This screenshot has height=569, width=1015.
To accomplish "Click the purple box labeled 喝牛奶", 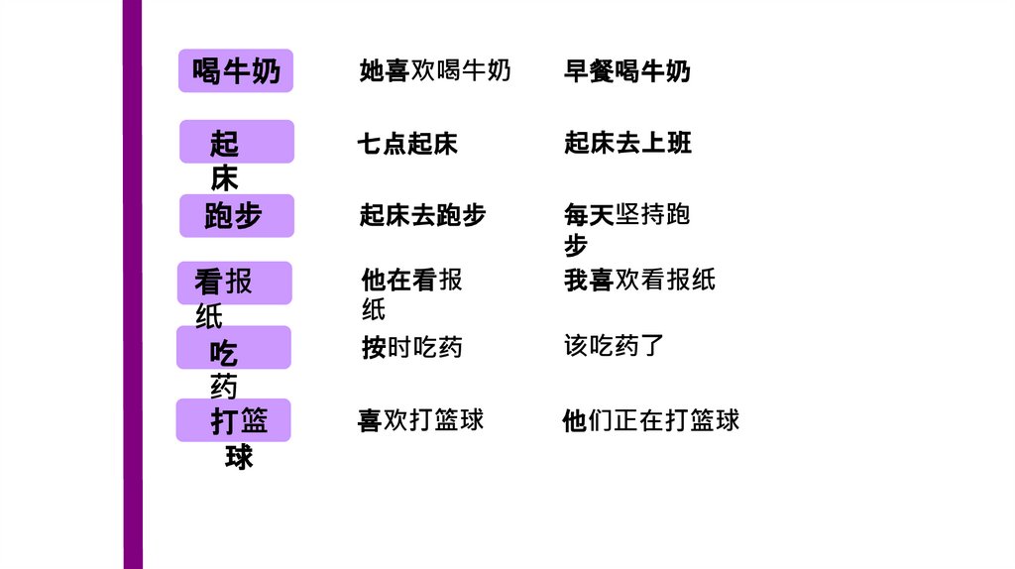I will [x=236, y=70].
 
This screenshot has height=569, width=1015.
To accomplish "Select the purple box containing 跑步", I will [x=236, y=215].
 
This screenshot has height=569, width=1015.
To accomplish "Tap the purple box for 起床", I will [x=236, y=142].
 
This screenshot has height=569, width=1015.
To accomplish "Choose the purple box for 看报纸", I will [x=235, y=283].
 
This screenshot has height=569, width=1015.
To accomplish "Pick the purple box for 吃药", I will [x=234, y=348].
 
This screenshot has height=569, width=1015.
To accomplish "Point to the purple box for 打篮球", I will [x=234, y=420].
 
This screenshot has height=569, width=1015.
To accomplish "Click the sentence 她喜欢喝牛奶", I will [x=435, y=70].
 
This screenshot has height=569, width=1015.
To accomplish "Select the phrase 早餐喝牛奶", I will [x=626, y=71].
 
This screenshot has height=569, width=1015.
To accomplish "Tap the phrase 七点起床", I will [x=407, y=144].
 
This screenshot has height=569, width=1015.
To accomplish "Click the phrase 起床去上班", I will [x=627, y=143].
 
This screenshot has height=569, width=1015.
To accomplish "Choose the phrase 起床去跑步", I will [x=422, y=215].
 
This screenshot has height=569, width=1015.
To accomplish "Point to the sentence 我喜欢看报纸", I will [x=639, y=281].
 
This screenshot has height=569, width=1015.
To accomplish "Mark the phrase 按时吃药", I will [x=411, y=348].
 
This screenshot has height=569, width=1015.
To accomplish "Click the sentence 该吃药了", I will [x=614, y=346].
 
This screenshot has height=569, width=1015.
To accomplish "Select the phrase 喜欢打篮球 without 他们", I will [x=420, y=420].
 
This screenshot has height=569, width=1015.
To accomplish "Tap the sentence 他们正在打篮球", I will [x=650, y=420].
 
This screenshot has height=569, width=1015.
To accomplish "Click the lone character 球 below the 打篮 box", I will [x=239, y=457].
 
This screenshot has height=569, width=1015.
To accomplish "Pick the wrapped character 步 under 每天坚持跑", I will [x=576, y=246].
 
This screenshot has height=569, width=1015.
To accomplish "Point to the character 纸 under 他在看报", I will [x=374, y=310].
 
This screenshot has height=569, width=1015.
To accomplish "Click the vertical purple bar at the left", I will [x=133, y=284].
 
